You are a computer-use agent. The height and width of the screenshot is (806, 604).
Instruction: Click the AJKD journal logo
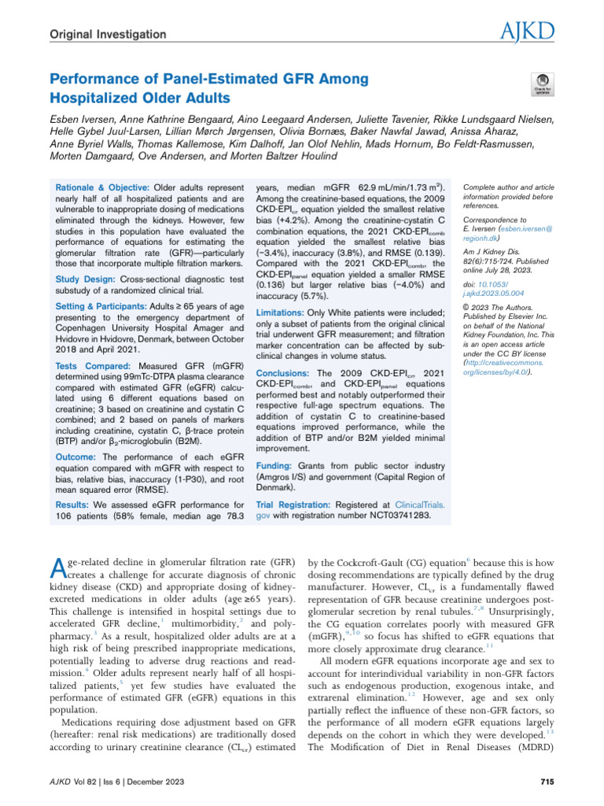(x=528, y=32)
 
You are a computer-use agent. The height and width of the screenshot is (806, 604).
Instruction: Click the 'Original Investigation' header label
(x=108, y=35)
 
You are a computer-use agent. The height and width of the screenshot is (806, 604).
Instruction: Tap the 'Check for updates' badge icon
(x=542, y=83)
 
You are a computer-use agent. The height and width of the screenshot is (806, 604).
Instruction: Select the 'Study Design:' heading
(x=84, y=280)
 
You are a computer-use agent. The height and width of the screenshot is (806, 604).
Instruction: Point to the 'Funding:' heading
(x=275, y=466)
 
